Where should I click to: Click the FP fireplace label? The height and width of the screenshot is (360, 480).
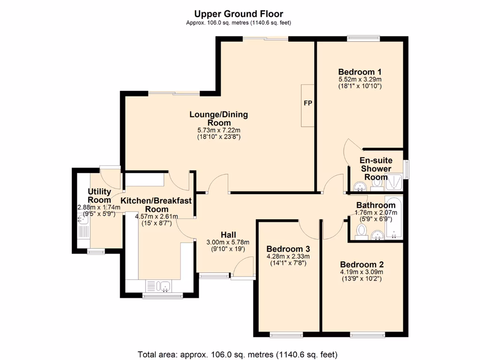point(307,103)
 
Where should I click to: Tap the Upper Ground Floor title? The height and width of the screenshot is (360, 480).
point(239,14)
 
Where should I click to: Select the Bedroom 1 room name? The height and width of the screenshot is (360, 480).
point(360,72)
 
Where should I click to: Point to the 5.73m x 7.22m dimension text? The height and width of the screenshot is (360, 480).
point(219,130)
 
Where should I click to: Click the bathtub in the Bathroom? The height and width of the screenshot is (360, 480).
point(394,217)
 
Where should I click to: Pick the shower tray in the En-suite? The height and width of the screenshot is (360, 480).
point(394,183)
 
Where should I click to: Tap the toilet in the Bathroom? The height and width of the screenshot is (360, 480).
point(362,232)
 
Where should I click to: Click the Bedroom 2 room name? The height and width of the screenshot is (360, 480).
point(362,264)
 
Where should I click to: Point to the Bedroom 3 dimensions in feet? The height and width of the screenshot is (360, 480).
point(288,263)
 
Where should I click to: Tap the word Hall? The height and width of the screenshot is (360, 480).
point(228,235)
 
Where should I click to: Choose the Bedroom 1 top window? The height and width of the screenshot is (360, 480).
point(363,38)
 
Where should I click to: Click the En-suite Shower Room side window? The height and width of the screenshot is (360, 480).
point(406,169)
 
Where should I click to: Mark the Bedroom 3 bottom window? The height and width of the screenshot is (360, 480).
point(286,335)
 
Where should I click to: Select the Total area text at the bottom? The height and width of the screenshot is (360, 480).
point(238,354)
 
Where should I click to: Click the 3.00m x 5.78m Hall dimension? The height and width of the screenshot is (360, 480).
point(228,242)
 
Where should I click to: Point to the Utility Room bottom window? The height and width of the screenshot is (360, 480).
point(96,252)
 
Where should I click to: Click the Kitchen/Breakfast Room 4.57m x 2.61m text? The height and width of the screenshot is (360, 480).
point(157,217)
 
